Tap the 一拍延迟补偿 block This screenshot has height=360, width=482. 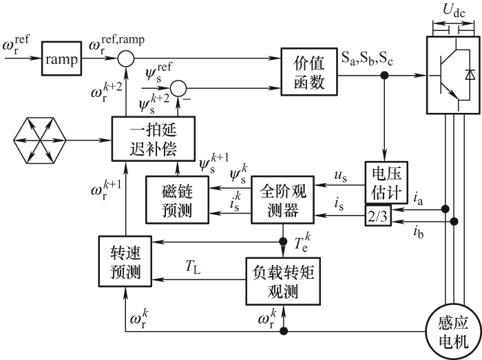coord(154,138)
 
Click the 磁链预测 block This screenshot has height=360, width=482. coord(176,199)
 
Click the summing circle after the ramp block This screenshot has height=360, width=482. coord(125,60)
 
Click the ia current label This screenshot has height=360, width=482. coord(418,198)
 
